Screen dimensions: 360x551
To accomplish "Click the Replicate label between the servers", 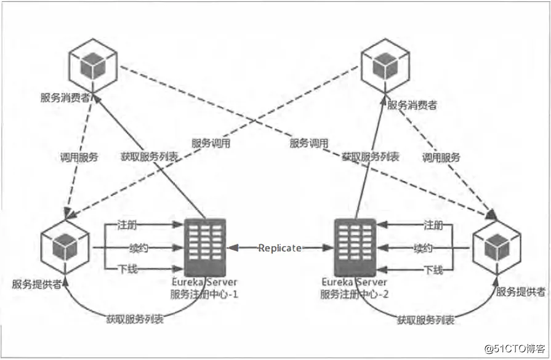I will click(280, 248).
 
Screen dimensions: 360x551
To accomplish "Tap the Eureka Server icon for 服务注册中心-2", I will click(355, 247).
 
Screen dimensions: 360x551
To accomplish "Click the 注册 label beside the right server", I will click(433, 226).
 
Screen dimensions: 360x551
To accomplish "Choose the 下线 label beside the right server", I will click(433, 270).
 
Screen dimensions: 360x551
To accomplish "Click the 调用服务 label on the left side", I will click(78, 157).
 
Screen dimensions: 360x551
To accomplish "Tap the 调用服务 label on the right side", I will click(441, 157).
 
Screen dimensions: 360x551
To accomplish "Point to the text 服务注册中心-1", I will click(204, 294).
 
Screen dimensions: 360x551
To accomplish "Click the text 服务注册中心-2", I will click(355, 294).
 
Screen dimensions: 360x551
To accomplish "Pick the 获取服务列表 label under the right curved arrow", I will click(426, 320).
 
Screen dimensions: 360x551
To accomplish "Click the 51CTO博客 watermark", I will click(516, 349).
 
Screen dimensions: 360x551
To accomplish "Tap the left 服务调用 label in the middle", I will click(211, 143).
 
